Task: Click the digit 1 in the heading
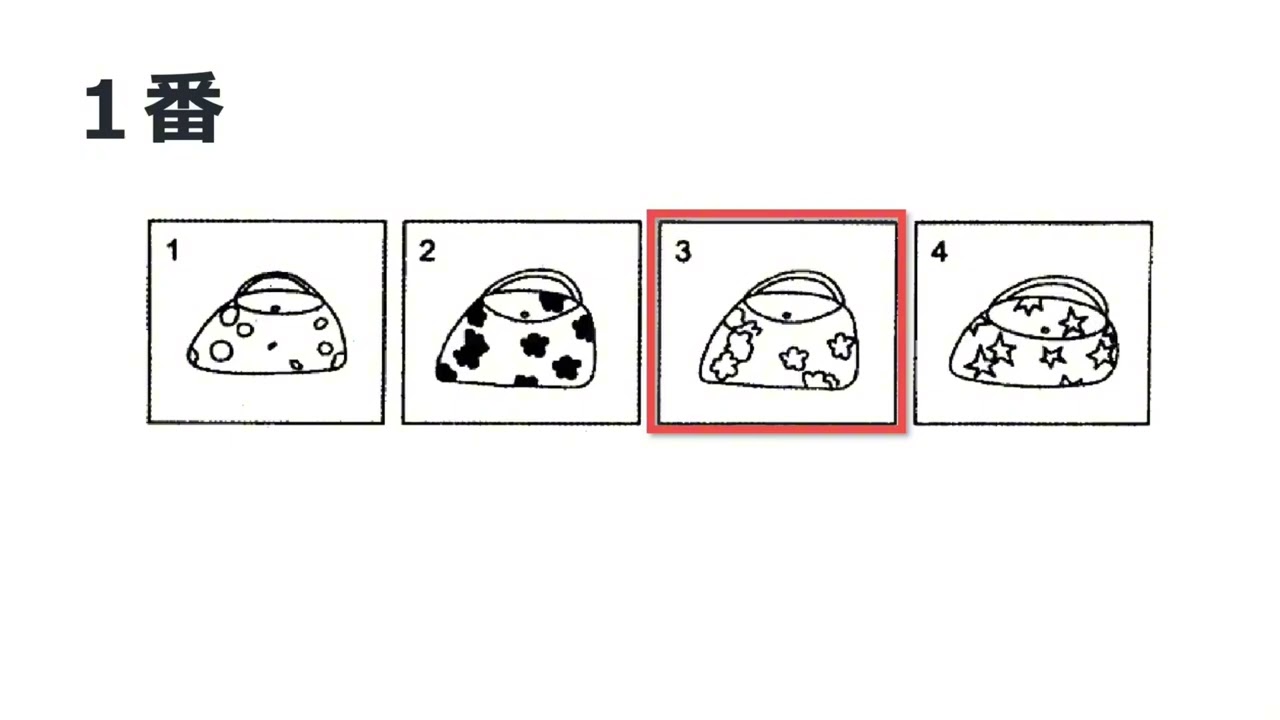pyautogui.click(x=104, y=110)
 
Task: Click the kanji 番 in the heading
pyautogui.click(x=184, y=110)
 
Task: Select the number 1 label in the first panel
pyautogui.click(x=172, y=250)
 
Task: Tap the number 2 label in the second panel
pyautogui.click(x=427, y=251)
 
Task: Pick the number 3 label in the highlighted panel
pyautogui.click(x=683, y=251)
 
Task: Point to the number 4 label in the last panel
pyautogui.click(x=939, y=251)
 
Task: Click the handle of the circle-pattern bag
pyautogui.click(x=268, y=275)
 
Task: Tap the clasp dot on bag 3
pyautogui.click(x=788, y=315)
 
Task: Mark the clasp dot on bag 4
pyautogui.click(x=1044, y=329)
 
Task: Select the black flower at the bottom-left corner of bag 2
pyautogui.click(x=446, y=372)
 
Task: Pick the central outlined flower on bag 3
pyautogui.click(x=795, y=357)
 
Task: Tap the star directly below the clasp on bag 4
pyautogui.click(x=1052, y=355)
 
